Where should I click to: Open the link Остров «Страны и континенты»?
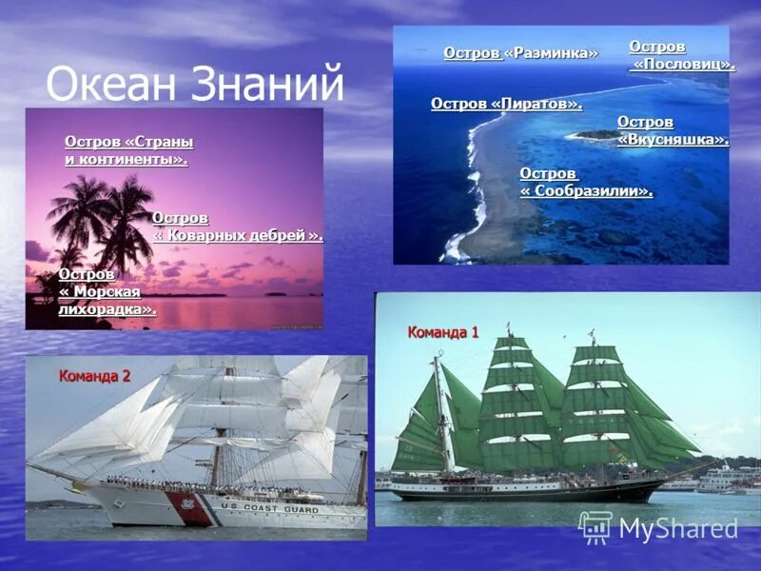click(x=127, y=150)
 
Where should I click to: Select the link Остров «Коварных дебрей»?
click(x=237, y=226)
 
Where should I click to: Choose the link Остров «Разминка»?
click(x=520, y=53)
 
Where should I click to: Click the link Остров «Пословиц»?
click(x=681, y=56)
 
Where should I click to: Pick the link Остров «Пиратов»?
click(x=506, y=104)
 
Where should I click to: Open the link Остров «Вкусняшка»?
click(x=673, y=131)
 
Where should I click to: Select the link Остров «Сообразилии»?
click(x=586, y=183)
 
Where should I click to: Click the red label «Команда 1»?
click(x=443, y=332)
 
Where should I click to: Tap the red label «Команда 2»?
click(x=94, y=376)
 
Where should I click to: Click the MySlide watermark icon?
click(x=595, y=527)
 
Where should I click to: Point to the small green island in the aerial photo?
click(x=595, y=135)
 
